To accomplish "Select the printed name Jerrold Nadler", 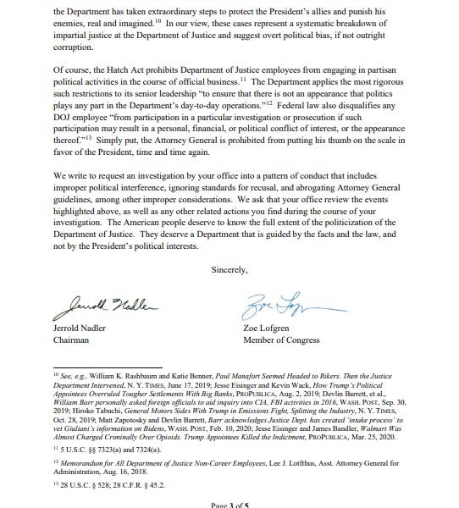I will pos(83,327).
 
